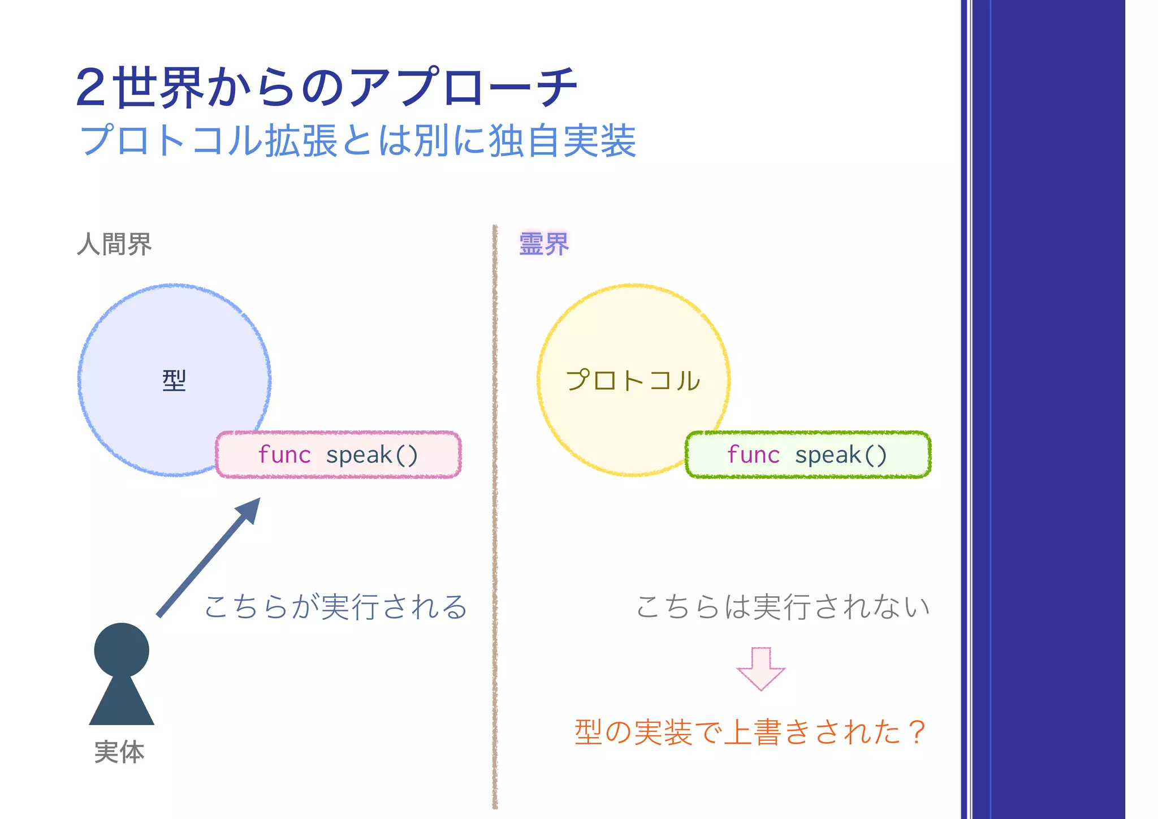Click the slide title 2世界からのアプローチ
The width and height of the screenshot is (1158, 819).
tap(327, 88)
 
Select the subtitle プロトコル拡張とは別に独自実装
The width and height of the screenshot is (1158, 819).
tap(358, 141)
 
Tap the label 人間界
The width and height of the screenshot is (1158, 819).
tap(114, 244)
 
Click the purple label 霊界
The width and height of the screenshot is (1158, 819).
tap(543, 244)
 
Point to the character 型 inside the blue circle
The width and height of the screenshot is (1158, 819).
tap(174, 380)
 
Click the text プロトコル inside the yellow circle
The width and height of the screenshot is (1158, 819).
tap(633, 380)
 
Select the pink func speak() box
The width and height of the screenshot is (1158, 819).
tap(338, 455)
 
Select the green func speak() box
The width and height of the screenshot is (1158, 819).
tap(807, 455)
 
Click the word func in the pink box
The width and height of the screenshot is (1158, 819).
tap(284, 455)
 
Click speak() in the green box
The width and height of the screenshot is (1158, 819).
tap(841, 455)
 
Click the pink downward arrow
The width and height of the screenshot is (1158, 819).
tap(761, 669)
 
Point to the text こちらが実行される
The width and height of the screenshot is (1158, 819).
tap(336, 607)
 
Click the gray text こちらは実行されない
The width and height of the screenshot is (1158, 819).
tap(783, 607)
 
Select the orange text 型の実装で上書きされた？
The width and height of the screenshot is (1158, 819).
tap(750, 732)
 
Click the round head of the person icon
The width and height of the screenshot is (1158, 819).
tap(122, 649)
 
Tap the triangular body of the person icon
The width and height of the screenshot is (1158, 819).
tap(122, 704)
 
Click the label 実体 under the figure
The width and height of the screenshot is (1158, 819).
tap(119, 752)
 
